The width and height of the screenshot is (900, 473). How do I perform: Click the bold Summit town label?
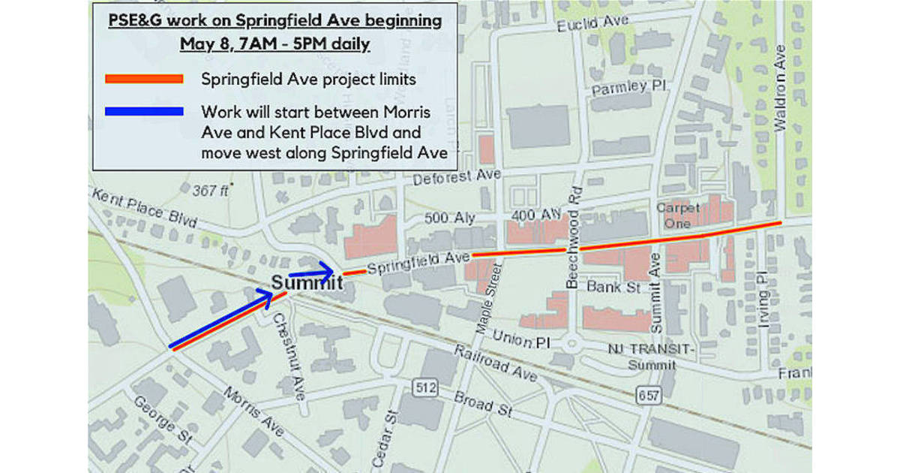coord(307,283)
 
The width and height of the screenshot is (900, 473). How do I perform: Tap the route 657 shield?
coord(644,393)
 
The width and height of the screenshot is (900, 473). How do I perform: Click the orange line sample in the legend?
coord(144,78)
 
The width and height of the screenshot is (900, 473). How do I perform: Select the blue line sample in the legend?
coord(144,112)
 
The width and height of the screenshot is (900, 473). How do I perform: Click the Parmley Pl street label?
coord(628,88)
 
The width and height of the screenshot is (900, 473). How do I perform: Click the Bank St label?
coord(610,286)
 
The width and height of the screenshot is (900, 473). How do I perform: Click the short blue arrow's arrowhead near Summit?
coord(328,268)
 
